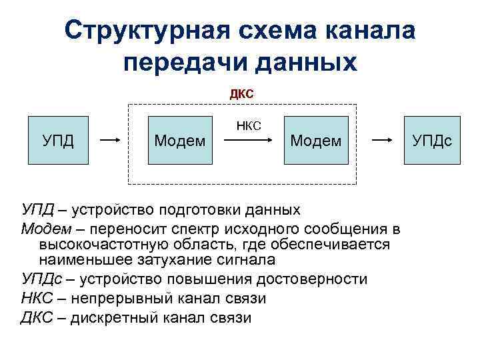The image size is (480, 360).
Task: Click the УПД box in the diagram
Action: [58, 141]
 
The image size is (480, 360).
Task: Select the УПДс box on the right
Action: [432, 141]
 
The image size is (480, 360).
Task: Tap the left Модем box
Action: [179, 141]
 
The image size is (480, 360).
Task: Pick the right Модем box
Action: [316, 141]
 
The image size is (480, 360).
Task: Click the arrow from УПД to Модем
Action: [109, 141]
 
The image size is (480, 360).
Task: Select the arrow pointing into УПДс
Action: [381, 141]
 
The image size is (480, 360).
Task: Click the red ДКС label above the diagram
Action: [241, 94]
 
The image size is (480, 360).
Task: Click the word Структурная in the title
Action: [144, 30]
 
